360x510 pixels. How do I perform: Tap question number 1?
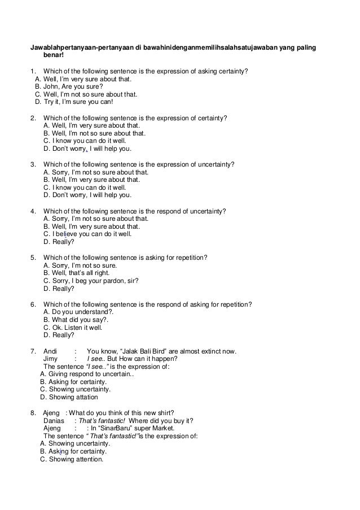[33, 71]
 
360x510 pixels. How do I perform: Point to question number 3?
[33, 164]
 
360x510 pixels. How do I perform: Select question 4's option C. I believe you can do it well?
[87, 234]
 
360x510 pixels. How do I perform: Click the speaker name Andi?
[50, 350]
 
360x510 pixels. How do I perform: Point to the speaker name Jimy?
[50, 358]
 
